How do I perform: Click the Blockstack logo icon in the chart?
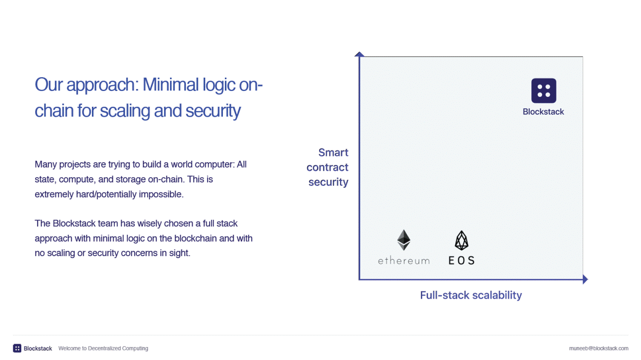click(x=544, y=90)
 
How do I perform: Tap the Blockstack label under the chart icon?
click(x=543, y=112)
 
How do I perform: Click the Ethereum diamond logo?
click(x=404, y=240)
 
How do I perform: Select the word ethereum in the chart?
click(x=404, y=261)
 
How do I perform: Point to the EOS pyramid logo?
click(x=462, y=240)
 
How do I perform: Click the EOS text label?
click(x=461, y=260)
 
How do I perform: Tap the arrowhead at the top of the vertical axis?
click(x=359, y=54)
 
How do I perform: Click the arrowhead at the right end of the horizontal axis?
click(x=585, y=279)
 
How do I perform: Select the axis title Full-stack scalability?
click(x=470, y=295)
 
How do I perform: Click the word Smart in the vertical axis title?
click(x=334, y=153)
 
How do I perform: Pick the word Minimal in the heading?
click(x=171, y=85)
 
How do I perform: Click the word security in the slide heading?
click(x=213, y=111)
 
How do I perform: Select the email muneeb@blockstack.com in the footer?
click(x=598, y=348)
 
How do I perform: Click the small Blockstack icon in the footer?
click(x=17, y=348)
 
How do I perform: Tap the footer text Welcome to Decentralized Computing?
click(x=103, y=348)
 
